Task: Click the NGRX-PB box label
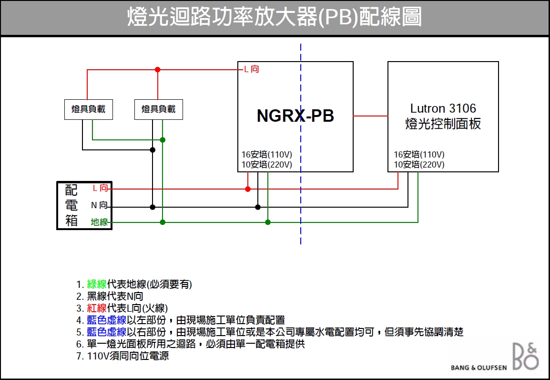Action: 295,116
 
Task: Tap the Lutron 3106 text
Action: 443,109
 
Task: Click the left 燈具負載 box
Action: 89,109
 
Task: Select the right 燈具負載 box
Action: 159,109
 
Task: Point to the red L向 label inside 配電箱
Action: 100,189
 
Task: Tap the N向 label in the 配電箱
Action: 99,206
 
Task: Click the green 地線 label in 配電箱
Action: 99,222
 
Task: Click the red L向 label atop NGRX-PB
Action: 251,70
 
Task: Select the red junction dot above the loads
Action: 158,70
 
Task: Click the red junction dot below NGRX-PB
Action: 248,189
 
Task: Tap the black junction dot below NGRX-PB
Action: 258,207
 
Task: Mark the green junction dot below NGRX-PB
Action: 268,222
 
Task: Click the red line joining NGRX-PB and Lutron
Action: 370,116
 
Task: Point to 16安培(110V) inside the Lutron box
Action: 419,155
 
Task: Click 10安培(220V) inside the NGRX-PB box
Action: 267,165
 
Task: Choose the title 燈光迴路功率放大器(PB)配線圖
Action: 275,18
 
